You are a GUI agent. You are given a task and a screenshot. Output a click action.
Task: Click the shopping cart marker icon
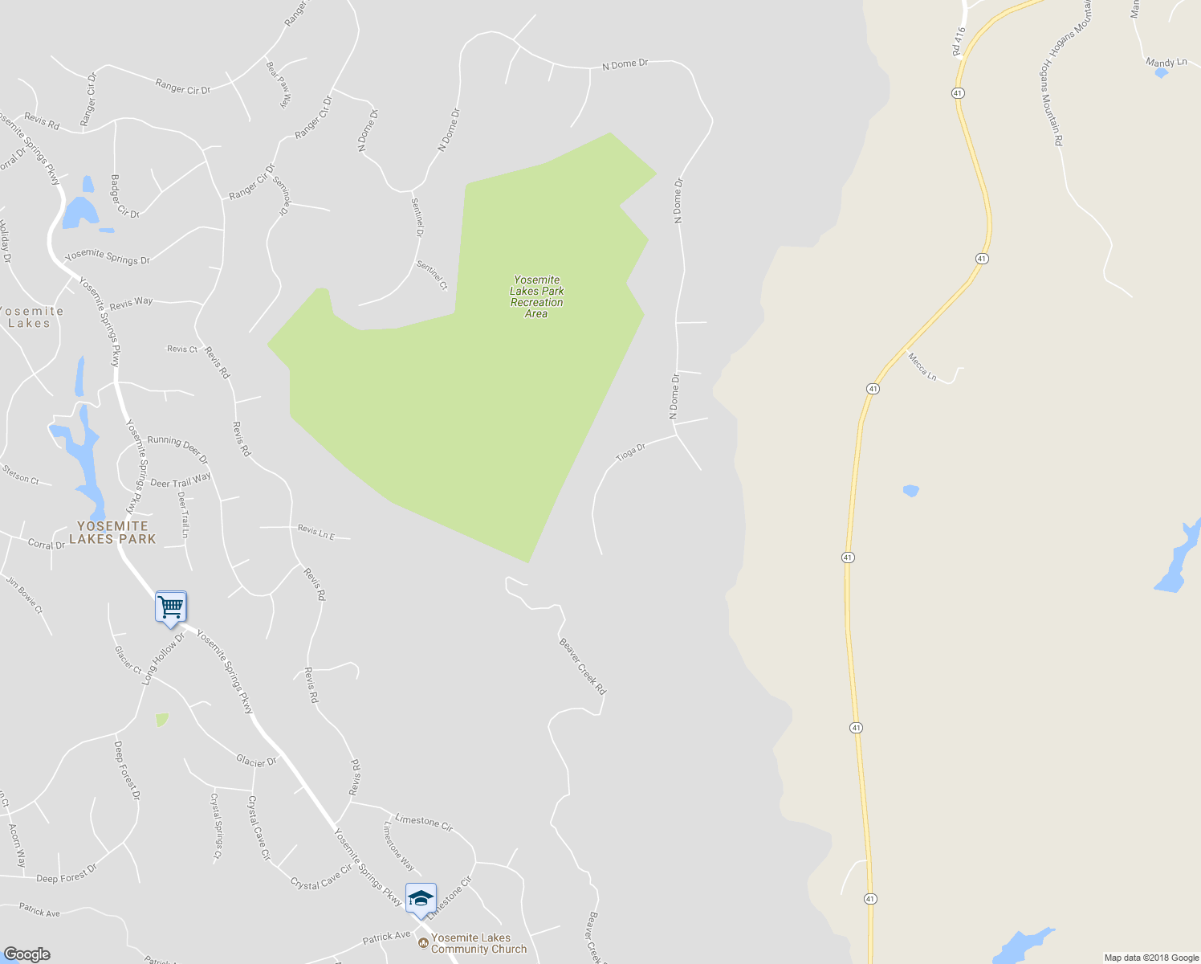[171, 607]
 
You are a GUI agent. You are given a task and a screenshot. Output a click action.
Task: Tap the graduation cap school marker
[421, 898]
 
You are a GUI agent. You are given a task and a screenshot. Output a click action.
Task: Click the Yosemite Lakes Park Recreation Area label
[537, 297]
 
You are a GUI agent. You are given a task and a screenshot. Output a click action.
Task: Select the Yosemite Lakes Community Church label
[478, 943]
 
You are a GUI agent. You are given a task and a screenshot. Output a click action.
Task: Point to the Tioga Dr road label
[631, 452]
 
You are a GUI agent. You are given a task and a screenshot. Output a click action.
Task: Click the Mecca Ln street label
[922, 366]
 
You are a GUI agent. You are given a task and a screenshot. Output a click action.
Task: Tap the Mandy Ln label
[1166, 62]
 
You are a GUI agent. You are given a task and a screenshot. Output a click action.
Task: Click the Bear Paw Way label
[278, 84]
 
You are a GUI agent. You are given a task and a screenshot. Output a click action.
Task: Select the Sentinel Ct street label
[432, 276]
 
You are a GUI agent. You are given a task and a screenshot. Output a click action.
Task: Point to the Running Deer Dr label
[177, 449]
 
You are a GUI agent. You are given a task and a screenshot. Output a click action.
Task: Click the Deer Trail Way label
[181, 480]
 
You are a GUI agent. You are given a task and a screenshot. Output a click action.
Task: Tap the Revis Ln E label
[316, 531]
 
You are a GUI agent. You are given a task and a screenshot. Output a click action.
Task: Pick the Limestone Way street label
[399, 846]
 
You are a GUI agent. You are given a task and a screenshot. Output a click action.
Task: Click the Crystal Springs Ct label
[215, 827]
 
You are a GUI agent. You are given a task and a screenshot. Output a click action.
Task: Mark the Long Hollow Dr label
[163, 658]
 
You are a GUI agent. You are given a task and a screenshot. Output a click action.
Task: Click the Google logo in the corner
[26, 954]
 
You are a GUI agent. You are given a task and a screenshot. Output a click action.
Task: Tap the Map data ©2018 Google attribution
[1151, 958]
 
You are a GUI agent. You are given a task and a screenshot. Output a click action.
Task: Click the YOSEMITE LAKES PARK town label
[112, 533]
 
